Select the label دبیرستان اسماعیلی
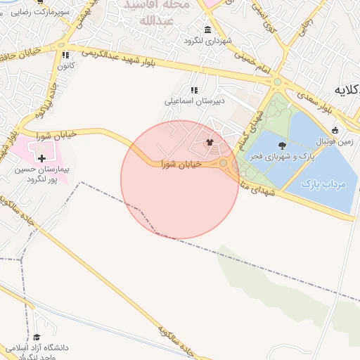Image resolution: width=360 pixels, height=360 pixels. coord(193,101)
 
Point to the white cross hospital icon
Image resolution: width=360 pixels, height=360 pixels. coord(42,159)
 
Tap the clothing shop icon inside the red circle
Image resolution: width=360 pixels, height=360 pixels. coord(209,142)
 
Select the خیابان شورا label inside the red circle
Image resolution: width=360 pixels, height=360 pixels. coord(181,164)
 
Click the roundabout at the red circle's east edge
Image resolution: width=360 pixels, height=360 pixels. coord(224,165)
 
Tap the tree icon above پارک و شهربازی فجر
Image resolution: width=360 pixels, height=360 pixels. coord(282,146)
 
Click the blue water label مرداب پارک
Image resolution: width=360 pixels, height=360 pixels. coord(325,184)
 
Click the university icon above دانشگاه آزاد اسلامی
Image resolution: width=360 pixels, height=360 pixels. coord(37,337)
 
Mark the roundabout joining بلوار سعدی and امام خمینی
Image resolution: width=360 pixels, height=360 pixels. coord(277,82)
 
